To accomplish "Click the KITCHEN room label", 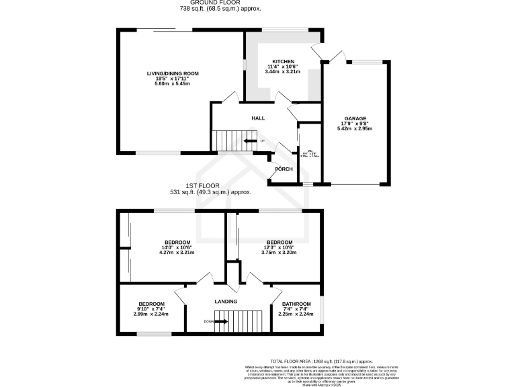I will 283,60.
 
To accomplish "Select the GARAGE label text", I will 356,118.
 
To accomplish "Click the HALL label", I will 258,118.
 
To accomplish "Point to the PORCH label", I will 284,169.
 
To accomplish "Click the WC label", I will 310,150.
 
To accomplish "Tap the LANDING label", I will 226,302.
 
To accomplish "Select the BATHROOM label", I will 296,304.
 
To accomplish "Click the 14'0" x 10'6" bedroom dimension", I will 177,247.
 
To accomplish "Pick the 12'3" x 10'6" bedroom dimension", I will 279,247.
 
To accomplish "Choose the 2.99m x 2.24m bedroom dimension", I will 150,314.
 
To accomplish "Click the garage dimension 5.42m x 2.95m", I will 356,129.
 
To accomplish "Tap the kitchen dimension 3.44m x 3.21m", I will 283,71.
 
